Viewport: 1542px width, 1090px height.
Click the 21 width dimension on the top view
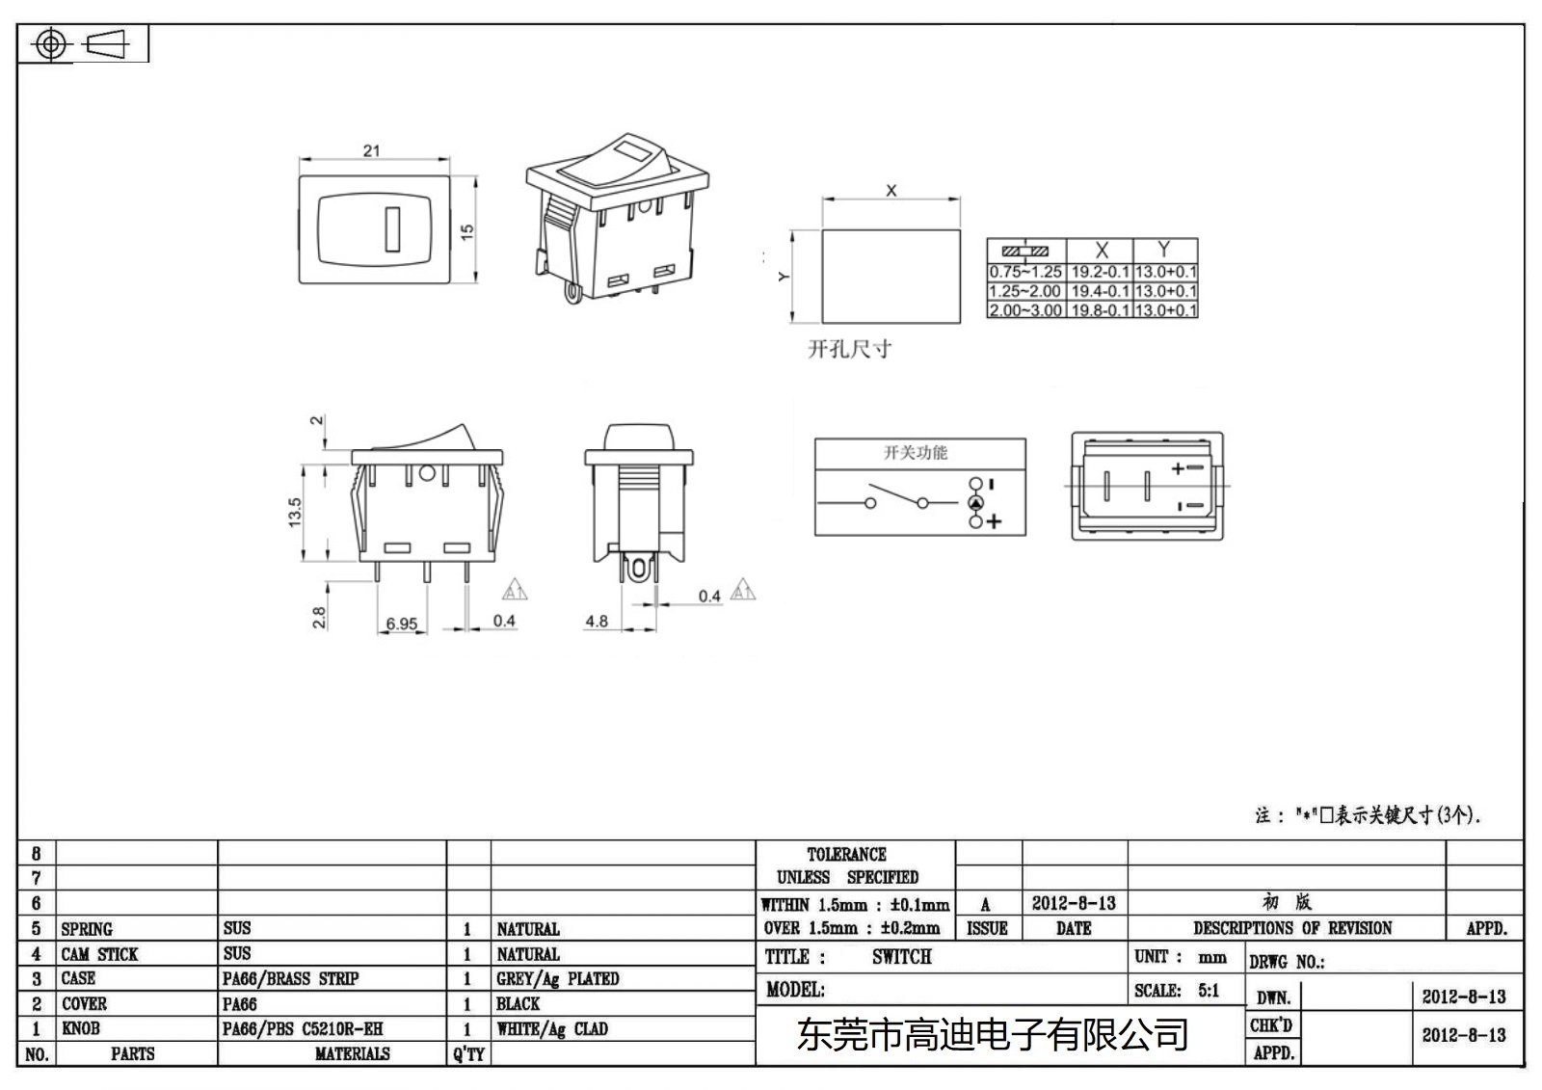(x=372, y=150)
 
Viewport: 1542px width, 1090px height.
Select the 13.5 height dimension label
(x=295, y=511)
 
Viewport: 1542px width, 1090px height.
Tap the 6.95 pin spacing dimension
(x=401, y=624)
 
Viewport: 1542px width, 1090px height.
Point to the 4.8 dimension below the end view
(x=597, y=622)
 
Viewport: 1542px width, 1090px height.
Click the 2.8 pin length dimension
(x=319, y=617)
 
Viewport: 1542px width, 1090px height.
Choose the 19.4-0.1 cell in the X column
(x=1100, y=291)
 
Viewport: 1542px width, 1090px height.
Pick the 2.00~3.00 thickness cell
(x=1025, y=310)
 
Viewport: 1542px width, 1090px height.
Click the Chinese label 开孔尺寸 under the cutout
(x=849, y=349)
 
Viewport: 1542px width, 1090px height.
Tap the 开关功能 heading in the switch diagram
(x=916, y=452)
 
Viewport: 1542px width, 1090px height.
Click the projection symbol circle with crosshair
(x=51, y=44)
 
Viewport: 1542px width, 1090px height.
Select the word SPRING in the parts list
(x=87, y=929)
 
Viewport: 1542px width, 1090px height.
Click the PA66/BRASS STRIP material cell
(x=290, y=979)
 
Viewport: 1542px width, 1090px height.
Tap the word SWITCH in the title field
(x=902, y=957)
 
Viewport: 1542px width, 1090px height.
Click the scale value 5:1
(x=1209, y=991)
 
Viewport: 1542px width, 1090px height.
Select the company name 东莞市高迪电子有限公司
(x=992, y=1035)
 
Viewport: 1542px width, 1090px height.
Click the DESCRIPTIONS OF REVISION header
(x=1292, y=928)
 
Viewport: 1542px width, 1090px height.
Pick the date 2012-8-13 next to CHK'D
(x=1463, y=1035)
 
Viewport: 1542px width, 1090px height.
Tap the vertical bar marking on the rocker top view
(x=392, y=229)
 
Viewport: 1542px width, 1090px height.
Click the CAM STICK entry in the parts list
(x=100, y=954)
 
